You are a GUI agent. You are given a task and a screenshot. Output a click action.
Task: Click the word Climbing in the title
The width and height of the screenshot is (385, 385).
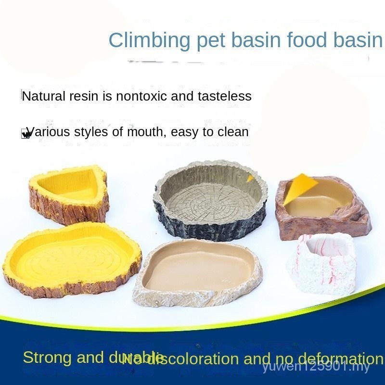pos(150,40)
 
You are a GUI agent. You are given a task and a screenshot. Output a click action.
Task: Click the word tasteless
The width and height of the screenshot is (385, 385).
pos(224,96)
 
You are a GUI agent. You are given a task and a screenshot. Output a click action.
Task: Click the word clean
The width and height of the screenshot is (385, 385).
pos(232,131)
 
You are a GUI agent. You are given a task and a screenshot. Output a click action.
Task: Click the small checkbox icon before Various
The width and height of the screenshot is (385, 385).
pos(25,134)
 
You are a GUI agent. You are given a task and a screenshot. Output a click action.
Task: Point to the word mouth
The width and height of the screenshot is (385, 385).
pos(143,131)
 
